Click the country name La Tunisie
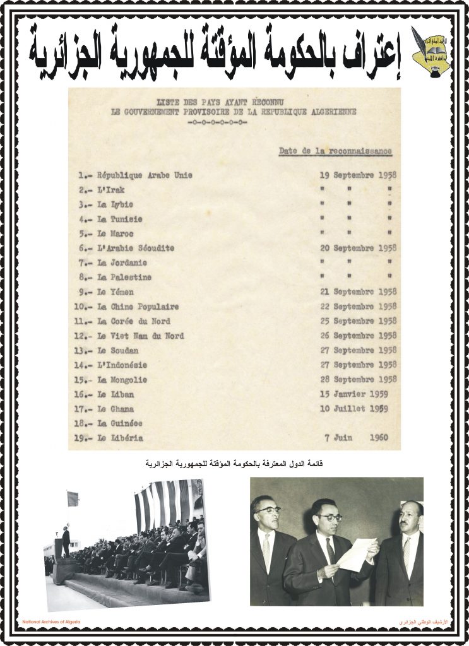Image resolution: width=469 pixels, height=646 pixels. point(120,219)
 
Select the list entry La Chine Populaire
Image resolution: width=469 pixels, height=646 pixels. point(138,307)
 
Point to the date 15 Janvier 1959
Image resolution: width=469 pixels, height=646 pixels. point(357,394)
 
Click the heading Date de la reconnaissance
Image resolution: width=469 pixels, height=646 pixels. point(335,151)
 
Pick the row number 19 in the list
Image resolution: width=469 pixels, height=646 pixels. point(83,438)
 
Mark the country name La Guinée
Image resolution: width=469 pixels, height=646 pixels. point(119,423)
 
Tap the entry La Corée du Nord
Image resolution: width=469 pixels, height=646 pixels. point(133,321)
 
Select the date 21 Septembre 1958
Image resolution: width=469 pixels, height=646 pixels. point(357,292)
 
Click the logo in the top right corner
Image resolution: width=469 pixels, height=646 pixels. point(431,51)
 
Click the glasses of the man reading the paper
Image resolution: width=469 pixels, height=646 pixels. point(329,517)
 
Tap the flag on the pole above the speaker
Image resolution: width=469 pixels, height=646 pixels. point(73,498)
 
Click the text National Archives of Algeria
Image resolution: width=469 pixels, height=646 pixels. point(52,622)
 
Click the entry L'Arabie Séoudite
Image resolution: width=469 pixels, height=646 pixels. point(135,248)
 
